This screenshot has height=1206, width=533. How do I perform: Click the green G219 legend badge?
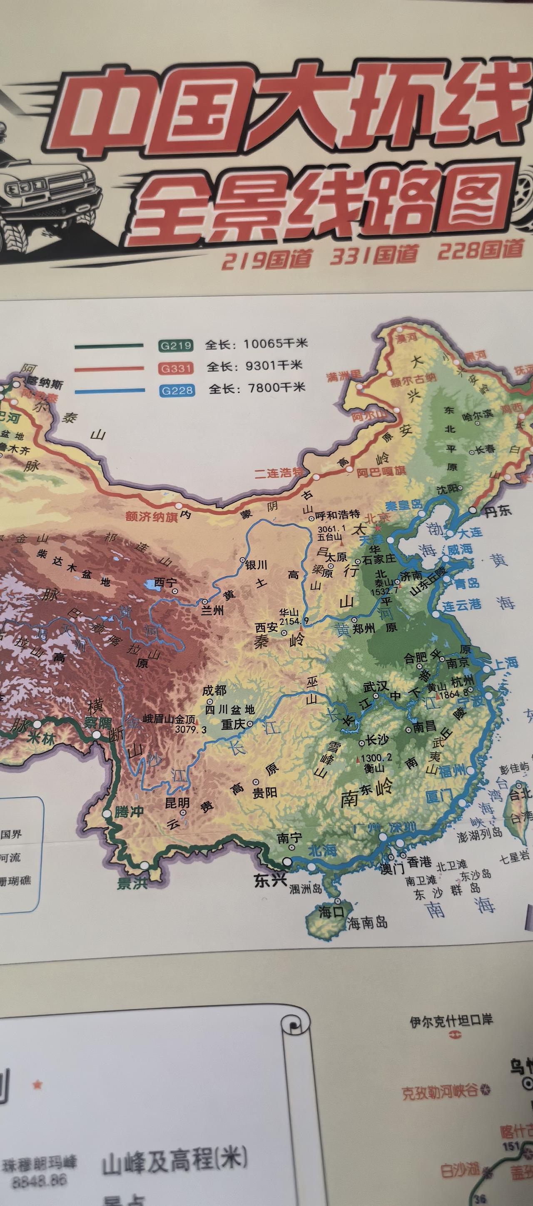click(176, 346)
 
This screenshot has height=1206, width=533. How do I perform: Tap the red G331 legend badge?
click(176, 368)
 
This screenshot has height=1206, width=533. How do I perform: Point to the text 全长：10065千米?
click(257, 344)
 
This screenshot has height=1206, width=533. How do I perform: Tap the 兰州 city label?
click(212, 610)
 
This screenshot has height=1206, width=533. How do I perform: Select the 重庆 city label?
click(233, 724)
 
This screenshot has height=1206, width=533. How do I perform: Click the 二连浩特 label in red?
click(279, 473)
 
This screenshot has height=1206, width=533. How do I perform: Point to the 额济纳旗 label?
click(152, 517)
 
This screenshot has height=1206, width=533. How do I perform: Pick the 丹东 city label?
click(498, 511)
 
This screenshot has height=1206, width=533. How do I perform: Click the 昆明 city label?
click(177, 802)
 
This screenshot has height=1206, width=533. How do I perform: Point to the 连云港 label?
click(462, 605)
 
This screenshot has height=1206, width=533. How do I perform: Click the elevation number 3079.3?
click(191, 729)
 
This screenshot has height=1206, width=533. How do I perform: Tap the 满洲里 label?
click(344, 376)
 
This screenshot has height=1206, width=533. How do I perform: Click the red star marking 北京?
click(378, 527)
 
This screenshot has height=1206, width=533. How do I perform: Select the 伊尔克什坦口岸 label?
click(451, 1020)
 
